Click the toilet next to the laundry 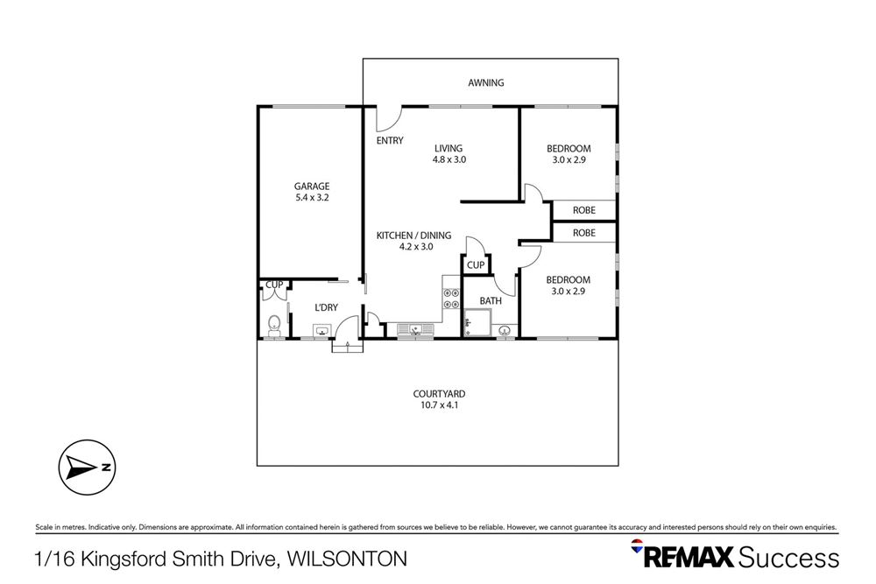[273, 323]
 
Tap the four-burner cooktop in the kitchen [452, 298]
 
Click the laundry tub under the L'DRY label [322, 331]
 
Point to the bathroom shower [477, 323]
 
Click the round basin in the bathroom [505, 330]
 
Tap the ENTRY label [390, 141]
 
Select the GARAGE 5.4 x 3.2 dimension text [311, 197]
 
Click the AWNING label [486, 83]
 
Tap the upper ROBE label [584, 210]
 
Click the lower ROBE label [584, 233]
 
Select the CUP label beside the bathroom [476, 265]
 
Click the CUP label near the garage [274, 285]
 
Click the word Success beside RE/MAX [788, 558]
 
